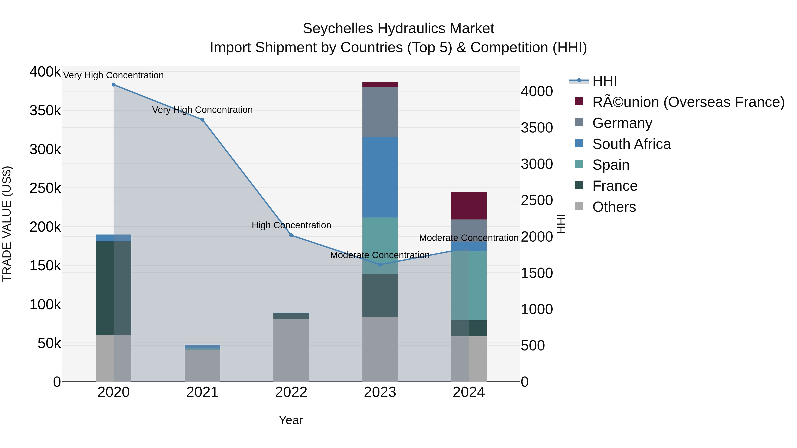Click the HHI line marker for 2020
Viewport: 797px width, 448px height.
point(114,85)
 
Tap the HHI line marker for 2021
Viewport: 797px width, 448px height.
point(202,120)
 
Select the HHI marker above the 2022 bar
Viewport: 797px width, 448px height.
point(291,235)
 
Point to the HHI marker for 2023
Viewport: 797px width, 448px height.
point(380,265)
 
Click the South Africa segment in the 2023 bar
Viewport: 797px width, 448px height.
point(380,177)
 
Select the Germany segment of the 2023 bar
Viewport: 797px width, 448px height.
point(380,112)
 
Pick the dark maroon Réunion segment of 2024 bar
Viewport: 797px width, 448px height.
point(469,206)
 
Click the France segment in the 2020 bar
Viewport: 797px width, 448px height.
point(114,288)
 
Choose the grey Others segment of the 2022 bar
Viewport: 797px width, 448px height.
point(291,350)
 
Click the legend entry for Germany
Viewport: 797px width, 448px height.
point(622,123)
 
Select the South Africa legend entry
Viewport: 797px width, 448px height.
point(631,144)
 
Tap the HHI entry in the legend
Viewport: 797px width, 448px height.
point(604,81)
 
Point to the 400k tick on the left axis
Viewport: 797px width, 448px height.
point(45,72)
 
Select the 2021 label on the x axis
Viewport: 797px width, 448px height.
point(202,392)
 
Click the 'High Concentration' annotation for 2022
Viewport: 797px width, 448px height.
point(291,225)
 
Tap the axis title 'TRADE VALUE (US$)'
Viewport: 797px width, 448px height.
point(7,224)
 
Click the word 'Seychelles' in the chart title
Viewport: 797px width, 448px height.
point(338,29)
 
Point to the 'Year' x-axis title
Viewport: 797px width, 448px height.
point(291,420)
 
